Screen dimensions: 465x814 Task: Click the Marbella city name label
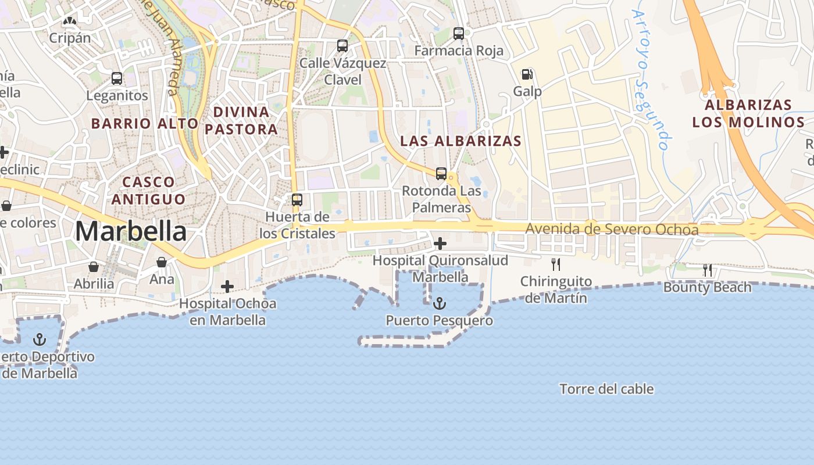[x=131, y=231]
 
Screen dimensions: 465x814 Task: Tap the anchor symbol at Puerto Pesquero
[x=440, y=303]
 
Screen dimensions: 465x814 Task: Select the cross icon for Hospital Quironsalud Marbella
[x=440, y=244]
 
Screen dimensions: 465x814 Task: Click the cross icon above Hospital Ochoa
[x=227, y=286]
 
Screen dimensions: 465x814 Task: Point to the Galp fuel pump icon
[x=527, y=74]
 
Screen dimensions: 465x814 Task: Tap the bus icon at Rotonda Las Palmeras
[x=441, y=173]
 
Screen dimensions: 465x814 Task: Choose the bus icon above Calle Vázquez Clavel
[x=342, y=45]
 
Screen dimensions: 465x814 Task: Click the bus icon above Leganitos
[x=117, y=78]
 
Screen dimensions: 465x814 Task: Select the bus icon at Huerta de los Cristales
[x=297, y=200]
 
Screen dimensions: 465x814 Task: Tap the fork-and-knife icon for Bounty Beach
[x=707, y=270]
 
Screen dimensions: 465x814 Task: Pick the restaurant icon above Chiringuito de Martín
[x=556, y=264]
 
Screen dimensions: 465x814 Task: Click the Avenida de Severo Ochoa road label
[x=612, y=229]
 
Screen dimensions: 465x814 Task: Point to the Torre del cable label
[x=606, y=389]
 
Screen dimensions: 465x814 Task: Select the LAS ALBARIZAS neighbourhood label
[x=460, y=141]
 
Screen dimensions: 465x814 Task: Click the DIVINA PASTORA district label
[x=241, y=120]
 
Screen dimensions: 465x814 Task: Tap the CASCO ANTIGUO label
[x=148, y=191]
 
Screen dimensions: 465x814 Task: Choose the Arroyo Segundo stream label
[x=652, y=80]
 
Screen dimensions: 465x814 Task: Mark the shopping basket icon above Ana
[x=162, y=263]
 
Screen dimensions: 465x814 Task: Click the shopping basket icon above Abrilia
[x=94, y=267]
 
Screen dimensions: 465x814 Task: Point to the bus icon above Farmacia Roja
[x=459, y=34]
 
